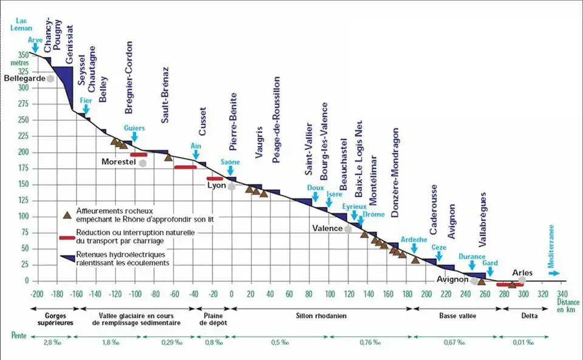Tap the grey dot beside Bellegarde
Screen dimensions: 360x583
point(50,78)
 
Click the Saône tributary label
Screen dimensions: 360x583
point(230,162)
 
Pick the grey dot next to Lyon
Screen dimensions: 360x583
point(231,187)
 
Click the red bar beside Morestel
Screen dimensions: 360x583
point(138,155)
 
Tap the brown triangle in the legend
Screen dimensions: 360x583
point(68,214)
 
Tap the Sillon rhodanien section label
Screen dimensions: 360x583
point(321,316)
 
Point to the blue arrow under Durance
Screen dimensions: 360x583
point(472,265)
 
